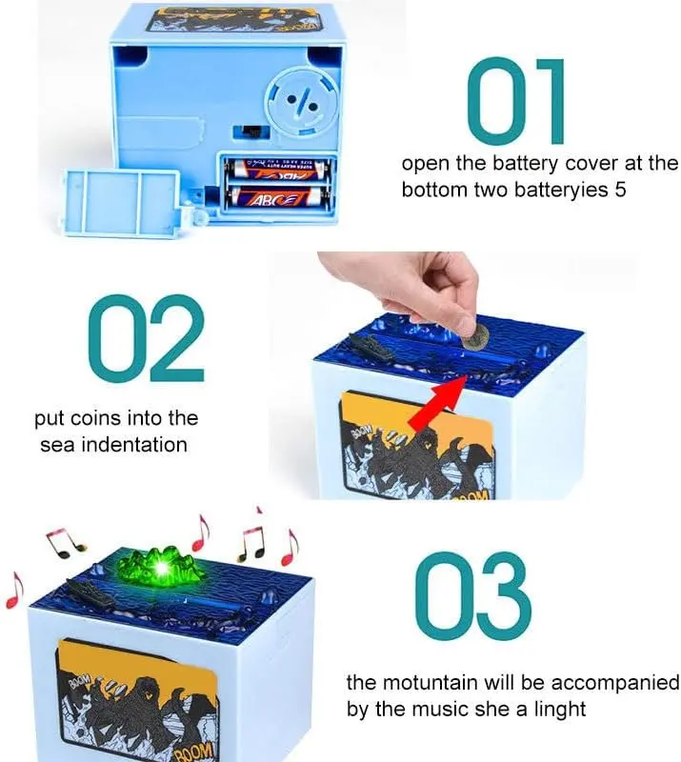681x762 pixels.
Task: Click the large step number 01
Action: tap(515, 101)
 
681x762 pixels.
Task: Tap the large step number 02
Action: tap(146, 338)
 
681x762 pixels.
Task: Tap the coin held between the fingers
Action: tap(475, 337)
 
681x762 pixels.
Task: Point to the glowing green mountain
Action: tap(160, 566)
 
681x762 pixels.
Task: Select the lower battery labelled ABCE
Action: tap(277, 196)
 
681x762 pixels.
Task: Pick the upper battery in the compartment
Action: tap(277, 170)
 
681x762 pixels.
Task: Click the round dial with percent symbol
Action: tap(301, 103)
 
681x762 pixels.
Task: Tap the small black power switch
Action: tap(250, 131)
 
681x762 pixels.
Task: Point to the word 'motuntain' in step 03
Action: tap(431, 683)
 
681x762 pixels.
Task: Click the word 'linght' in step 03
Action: tap(560, 710)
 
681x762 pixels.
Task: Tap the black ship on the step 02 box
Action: tap(371, 347)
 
